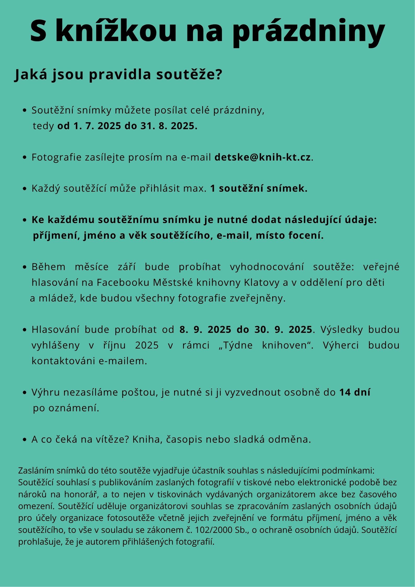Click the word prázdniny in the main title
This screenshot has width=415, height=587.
pos(309,31)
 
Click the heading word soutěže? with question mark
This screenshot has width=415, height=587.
pos(189,75)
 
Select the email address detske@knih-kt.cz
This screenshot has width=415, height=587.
pos(263,157)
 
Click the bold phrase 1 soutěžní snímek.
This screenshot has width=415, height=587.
pos(259,189)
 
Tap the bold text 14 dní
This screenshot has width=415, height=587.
pos(355,392)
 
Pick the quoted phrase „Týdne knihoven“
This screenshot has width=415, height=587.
pos(266,345)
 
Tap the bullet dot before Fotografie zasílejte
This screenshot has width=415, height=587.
pos(25,158)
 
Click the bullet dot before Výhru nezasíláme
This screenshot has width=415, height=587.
pos(25,393)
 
